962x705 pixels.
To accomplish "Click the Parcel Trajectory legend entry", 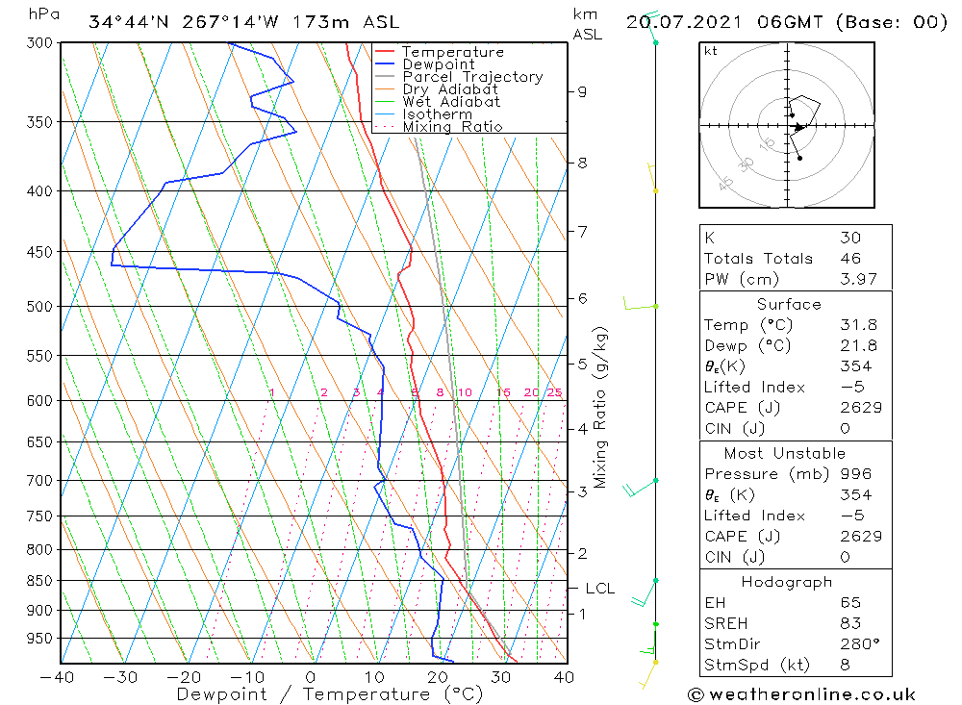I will [x=471, y=77].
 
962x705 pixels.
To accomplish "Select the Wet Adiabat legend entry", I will [x=450, y=102].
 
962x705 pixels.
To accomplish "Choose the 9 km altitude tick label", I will [x=582, y=91].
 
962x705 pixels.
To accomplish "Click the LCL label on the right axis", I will [x=599, y=589].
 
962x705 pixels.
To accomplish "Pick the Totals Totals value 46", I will [x=850, y=259].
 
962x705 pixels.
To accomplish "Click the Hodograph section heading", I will [x=787, y=582].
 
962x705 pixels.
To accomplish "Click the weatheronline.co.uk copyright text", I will [x=801, y=694].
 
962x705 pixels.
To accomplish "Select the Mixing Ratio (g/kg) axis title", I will [x=601, y=408].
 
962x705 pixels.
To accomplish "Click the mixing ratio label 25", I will [x=554, y=392].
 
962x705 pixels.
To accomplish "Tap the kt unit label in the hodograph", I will [x=710, y=51].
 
